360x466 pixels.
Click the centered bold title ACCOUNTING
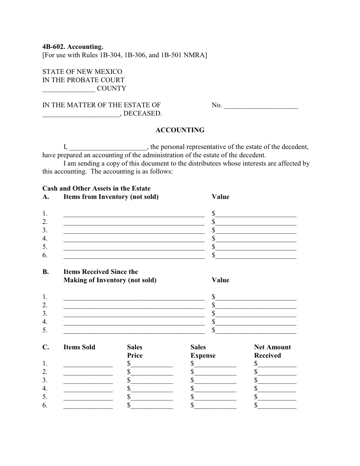click(180, 130)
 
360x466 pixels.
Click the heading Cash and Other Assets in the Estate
click(96, 188)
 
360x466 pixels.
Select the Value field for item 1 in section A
click(256, 214)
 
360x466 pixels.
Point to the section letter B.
click(45, 272)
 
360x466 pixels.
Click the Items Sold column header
click(79, 347)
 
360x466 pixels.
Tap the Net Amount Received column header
click(272, 351)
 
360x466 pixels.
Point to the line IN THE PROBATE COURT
click(83, 80)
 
